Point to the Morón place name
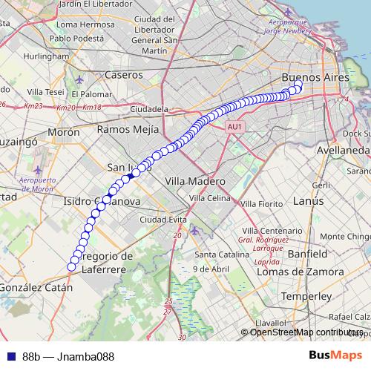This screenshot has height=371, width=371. [63, 132]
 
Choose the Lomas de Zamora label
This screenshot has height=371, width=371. [299, 272]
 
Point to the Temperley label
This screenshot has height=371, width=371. [312, 296]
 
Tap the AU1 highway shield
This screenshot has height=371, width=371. [235, 128]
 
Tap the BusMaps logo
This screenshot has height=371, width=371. [335, 355]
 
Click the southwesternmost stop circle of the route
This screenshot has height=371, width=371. [72, 266]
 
